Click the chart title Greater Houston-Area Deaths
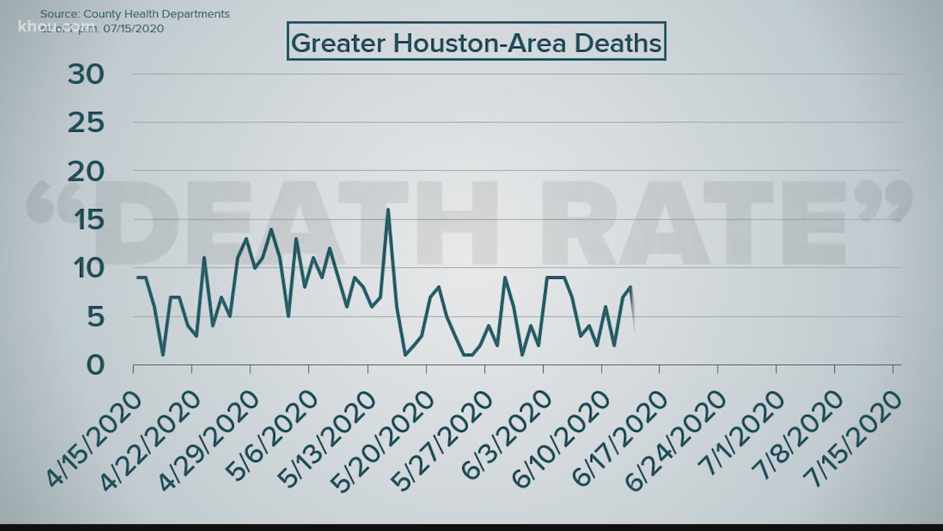(476, 42)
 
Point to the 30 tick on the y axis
(86, 75)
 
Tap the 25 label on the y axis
(86, 123)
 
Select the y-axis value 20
(86, 172)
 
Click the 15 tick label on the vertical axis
(86, 220)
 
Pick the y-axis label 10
(86, 268)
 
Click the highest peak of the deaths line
(388, 209)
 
